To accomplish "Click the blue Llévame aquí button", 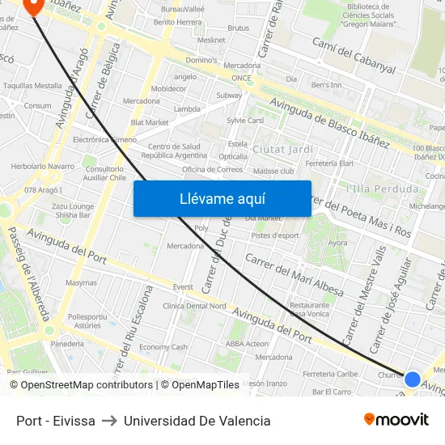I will tap(222, 198).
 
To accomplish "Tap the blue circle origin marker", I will tap(412, 379).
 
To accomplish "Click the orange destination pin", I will tap(33, 6).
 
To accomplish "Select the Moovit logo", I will tap(396, 419).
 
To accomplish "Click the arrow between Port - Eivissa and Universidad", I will tap(109, 421).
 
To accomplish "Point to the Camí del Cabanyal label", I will tap(353, 56).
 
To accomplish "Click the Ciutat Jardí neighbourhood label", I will tap(283, 150).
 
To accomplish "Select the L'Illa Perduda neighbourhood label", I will tap(382, 189).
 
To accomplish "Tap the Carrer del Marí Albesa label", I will tap(294, 275).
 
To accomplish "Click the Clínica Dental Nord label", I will tap(194, 306).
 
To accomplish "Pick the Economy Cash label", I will tap(163, 346).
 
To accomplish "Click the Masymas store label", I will tap(81, 283).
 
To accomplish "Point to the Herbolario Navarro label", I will tap(42, 166).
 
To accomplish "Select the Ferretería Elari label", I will tap(329, 163).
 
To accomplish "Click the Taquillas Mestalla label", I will tap(32, 85).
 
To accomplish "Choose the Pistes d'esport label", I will tap(274, 235).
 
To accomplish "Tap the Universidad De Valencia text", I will tap(197, 421).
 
